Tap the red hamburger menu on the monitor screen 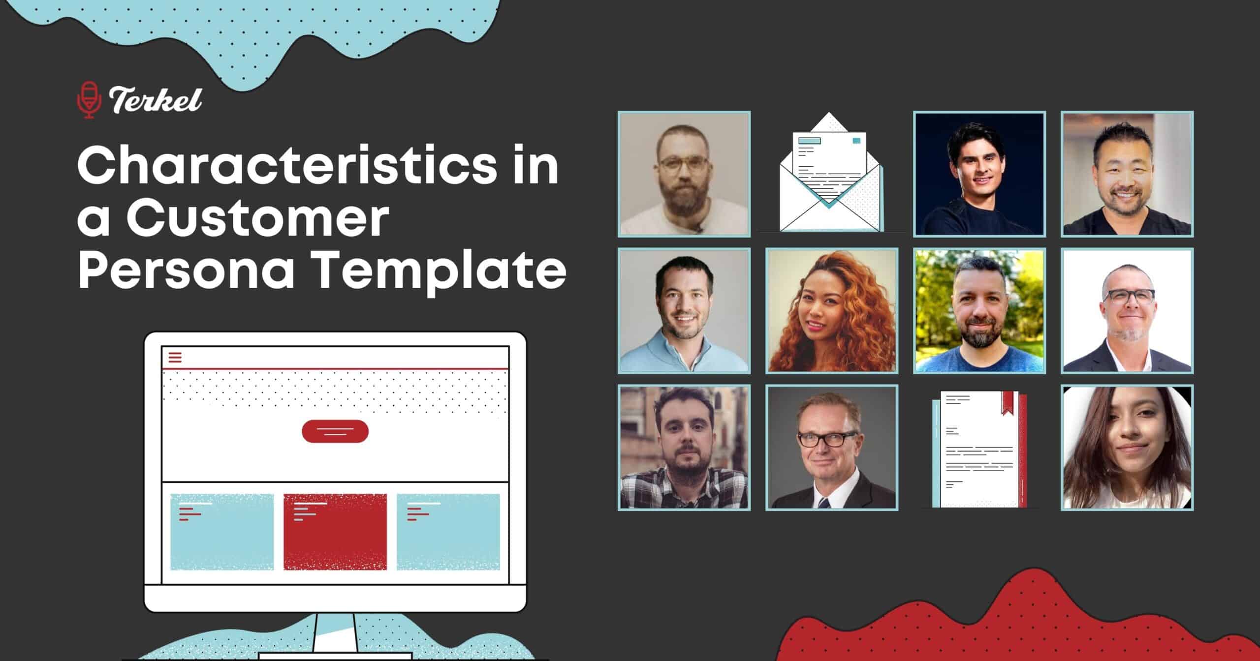[175, 358]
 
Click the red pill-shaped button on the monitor [335, 431]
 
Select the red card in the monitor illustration [335, 532]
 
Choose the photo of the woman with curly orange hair [832, 310]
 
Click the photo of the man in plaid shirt [684, 447]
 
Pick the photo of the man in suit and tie [832, 447]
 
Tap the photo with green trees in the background [979, 310]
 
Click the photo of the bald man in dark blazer [1127, 310]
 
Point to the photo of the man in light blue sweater [684, 310]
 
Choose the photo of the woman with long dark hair [1127, 447]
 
